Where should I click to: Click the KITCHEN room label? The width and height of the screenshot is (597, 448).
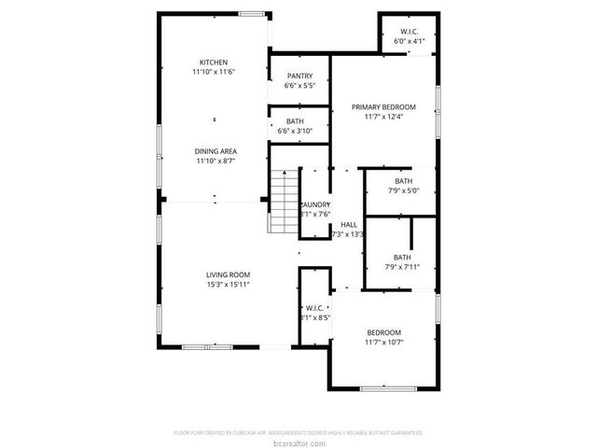coord(214,63)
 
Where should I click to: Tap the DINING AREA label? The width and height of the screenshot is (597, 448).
coord(215,151)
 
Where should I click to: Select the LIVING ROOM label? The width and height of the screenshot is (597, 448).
coord(228,274)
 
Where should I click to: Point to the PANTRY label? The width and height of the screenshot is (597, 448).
coord(299,77)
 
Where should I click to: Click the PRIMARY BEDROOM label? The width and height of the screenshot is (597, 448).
coord(383,107)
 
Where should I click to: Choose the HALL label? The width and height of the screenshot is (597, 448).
coord(348,225)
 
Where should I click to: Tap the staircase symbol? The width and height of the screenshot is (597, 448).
coord(282,202)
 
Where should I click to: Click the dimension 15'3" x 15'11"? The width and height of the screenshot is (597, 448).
coord(228,285)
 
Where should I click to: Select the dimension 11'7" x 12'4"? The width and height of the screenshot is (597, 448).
coord(383,118)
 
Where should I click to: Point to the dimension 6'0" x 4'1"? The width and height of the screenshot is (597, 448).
coord(409,42)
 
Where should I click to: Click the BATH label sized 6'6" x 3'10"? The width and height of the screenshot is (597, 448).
coord(295,121)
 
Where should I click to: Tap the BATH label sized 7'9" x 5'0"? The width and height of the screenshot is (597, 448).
coord(402,181)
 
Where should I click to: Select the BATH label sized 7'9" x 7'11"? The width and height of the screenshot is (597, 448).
coord(401,258)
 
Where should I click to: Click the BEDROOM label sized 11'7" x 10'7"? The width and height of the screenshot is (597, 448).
coord(383,333)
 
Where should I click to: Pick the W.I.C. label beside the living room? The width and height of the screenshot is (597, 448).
coord(313,308)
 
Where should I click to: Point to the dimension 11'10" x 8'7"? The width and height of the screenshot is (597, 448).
coord(215,161)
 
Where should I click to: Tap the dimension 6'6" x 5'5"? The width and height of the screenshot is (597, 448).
coord(299,86)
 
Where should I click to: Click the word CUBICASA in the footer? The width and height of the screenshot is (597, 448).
coord(268,432)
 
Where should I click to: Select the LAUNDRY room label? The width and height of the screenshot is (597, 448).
coord(314,204)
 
